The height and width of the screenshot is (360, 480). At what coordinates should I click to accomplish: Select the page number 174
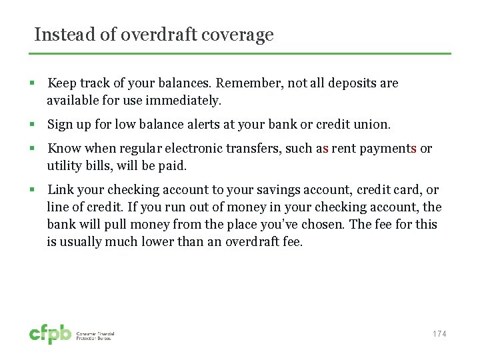click(439, 334)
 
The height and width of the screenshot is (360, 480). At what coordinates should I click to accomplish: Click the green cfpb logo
click(50, 334)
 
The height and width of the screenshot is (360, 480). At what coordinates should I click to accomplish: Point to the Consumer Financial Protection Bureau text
click(94, 335)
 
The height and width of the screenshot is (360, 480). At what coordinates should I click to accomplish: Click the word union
click(375, 125)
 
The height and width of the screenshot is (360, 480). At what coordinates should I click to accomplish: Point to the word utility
click(63, 166)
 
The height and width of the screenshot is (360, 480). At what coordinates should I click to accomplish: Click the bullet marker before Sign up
click(31, 125)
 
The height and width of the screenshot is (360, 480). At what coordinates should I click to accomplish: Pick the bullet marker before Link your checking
click(31, 190)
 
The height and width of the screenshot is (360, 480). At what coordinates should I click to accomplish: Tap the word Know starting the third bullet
click(63, 149)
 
